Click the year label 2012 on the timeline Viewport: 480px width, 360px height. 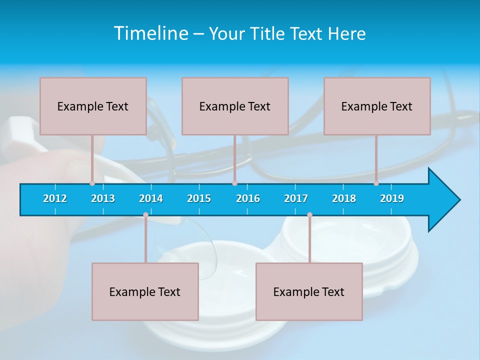55,198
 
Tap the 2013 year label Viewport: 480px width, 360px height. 103,198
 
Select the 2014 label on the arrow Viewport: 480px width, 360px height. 151,198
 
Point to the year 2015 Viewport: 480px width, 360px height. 199,198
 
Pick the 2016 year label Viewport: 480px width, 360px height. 248,198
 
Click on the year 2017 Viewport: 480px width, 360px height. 296,198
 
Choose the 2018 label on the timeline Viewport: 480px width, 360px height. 344,198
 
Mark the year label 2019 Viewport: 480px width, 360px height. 392,198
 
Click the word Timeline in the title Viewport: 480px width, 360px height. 150,33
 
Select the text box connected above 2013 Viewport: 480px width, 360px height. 93,106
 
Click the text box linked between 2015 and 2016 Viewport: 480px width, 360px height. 235,106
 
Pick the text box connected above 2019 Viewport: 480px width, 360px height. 377,106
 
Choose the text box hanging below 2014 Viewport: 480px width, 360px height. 145,291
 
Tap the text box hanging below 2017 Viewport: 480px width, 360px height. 309,291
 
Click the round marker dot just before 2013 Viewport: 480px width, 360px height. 92,183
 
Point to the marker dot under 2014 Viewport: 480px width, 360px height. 145,215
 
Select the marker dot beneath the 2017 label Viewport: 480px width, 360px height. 309,215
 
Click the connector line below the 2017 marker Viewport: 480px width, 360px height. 309,240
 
